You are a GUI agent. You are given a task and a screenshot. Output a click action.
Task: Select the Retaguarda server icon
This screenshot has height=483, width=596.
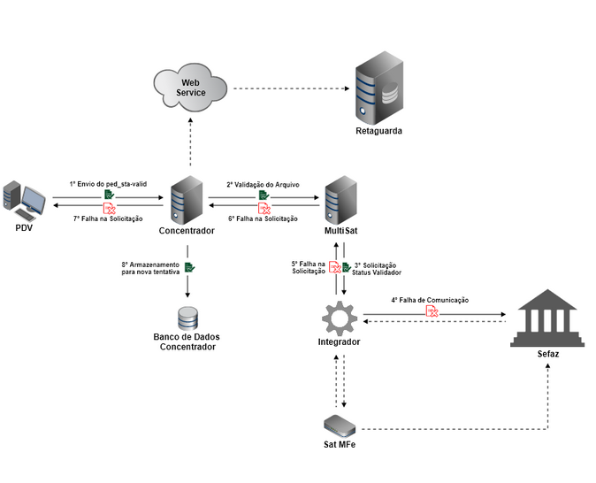point(378,88)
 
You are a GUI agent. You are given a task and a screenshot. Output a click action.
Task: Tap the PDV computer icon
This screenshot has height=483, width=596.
point(24,201)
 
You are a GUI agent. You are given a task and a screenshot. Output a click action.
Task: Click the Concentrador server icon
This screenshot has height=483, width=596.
point(187,200)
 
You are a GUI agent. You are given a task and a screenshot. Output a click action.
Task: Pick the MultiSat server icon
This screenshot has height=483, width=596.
point(340,200)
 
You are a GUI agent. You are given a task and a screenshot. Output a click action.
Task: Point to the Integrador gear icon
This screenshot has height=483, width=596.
point(338,317)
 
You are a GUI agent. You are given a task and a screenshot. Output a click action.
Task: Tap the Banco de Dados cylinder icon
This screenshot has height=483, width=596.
point(187,318)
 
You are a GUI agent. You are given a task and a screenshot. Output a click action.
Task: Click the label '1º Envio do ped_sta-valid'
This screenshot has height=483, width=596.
point(108,184)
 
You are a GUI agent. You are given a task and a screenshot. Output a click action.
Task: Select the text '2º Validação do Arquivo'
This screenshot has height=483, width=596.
point(263,184)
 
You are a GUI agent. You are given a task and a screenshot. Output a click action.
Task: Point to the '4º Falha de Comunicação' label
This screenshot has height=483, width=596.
point(430,301)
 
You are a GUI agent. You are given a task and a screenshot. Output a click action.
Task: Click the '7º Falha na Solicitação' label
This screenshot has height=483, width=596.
point(108,218)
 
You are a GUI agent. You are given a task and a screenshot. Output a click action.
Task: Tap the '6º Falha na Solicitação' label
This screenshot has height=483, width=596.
point(263,218)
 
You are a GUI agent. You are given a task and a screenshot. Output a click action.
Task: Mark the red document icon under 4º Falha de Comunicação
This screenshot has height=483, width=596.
point(432,311)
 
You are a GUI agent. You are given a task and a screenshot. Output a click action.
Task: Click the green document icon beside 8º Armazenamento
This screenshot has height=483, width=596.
point(189,267)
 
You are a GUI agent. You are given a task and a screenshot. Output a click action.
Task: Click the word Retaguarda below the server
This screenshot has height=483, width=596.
point(378,130)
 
